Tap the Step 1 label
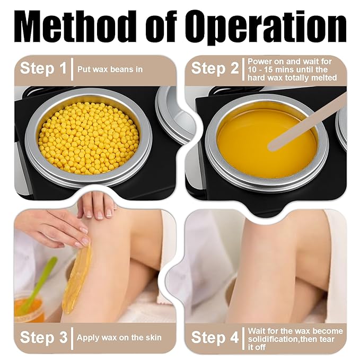pyautogui.click(x=43, y=68)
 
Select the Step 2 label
pyautogui.click(x=215, y=68)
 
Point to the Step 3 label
pyautogui.click(x=43, y=337)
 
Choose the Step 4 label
pyautogui.click(x=215, y=337)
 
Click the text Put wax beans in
pyautogui.click(x=110, y=69)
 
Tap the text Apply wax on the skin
pyautogui.click(x=119, y=338)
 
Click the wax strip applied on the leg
pyautogui.click(x=77, y=277)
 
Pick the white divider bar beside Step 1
pyautogui.click(x=72, y=69)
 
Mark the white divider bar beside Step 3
pyautogui.click(x=72, y=338)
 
